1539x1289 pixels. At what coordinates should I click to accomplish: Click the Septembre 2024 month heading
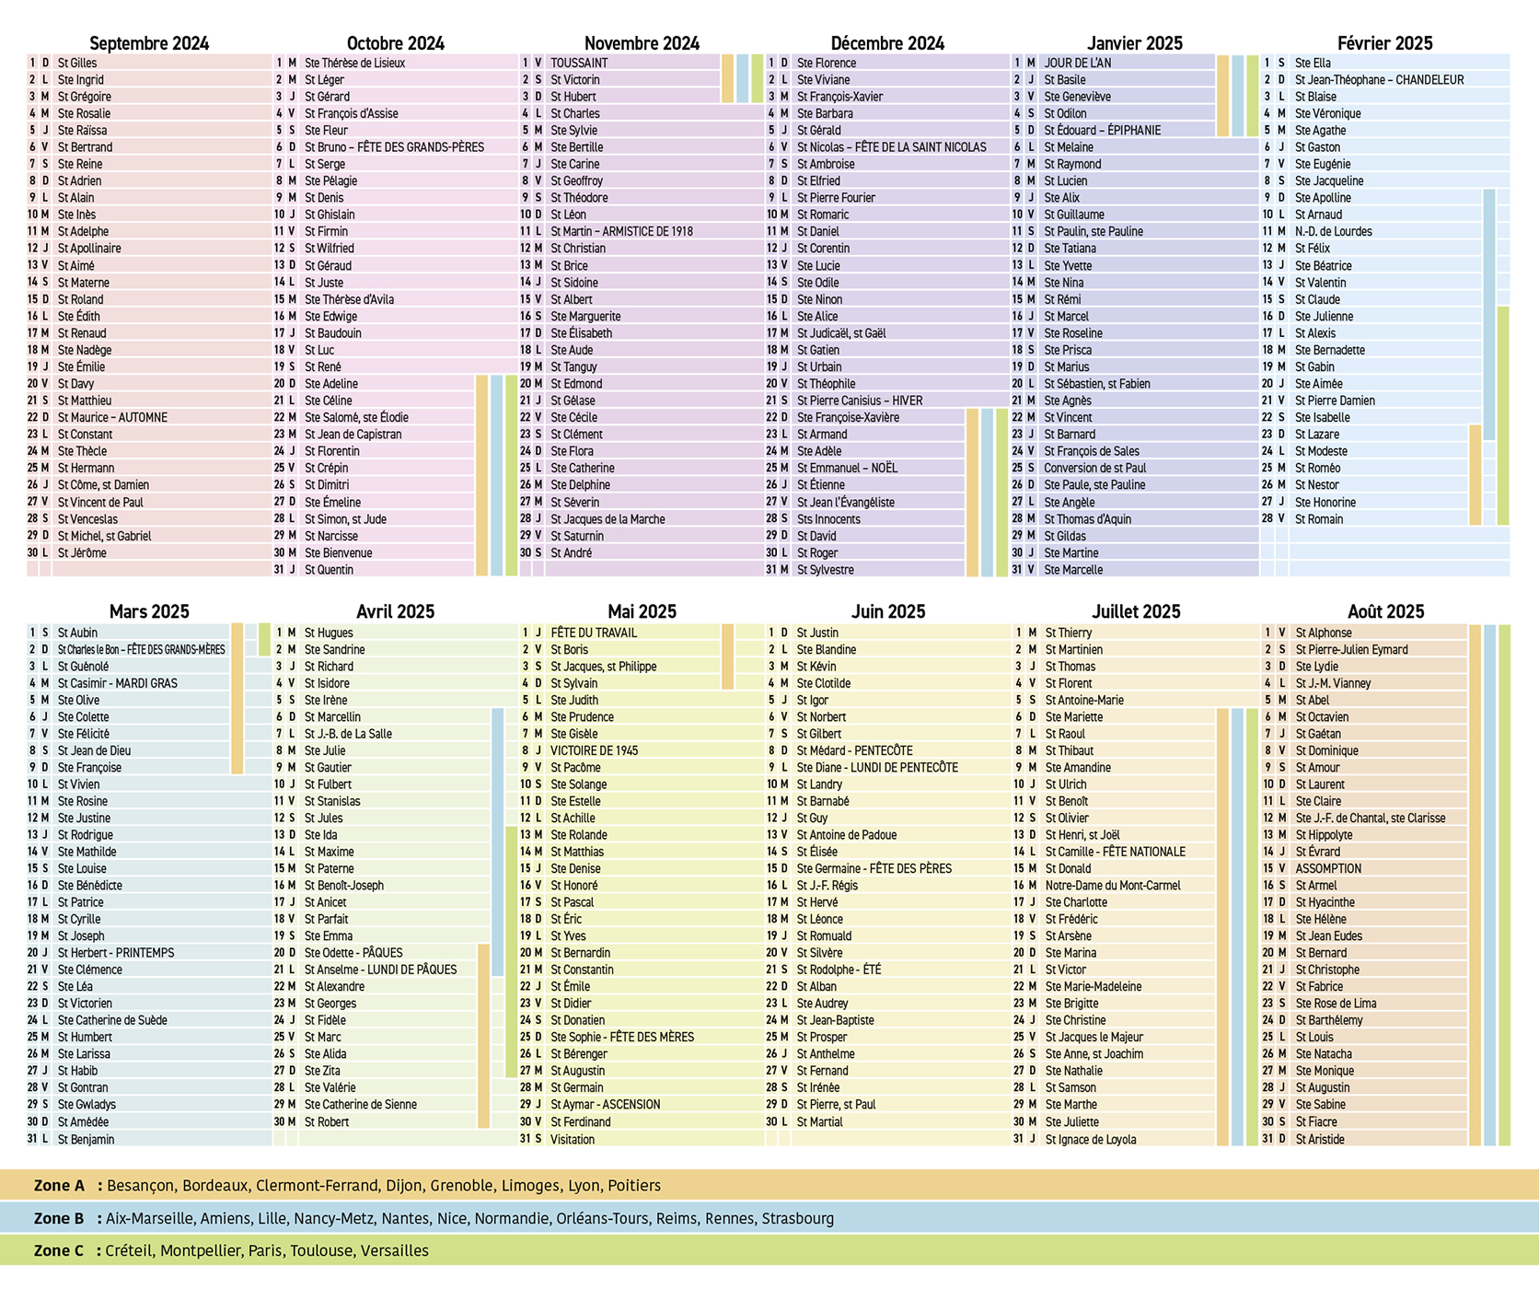149,43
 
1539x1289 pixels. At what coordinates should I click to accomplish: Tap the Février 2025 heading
1384,43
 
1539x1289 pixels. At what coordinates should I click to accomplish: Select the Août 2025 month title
1385,611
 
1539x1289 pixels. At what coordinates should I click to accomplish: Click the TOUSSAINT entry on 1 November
579,63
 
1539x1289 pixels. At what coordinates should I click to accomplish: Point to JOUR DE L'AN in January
1077,63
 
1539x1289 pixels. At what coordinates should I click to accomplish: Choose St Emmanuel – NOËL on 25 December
847,468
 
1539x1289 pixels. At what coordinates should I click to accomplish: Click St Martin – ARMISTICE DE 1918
621,231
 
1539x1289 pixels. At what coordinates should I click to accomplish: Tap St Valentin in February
1320,283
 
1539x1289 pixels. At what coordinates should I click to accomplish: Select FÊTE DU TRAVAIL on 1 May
594,633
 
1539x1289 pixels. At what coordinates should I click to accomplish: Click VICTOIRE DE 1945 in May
594,750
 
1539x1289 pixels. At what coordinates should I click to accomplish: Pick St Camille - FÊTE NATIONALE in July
1115,852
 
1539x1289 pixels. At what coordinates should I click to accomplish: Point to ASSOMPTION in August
1328,868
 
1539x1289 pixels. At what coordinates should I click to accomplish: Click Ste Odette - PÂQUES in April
353,953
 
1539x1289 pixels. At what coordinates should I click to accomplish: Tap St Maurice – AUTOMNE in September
112,417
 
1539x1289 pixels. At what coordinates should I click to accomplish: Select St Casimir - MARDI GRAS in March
117,683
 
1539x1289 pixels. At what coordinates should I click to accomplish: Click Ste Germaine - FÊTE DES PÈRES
874,868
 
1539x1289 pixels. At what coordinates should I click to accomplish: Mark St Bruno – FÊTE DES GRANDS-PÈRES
394,147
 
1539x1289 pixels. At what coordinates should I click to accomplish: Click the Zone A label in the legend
59,1186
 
